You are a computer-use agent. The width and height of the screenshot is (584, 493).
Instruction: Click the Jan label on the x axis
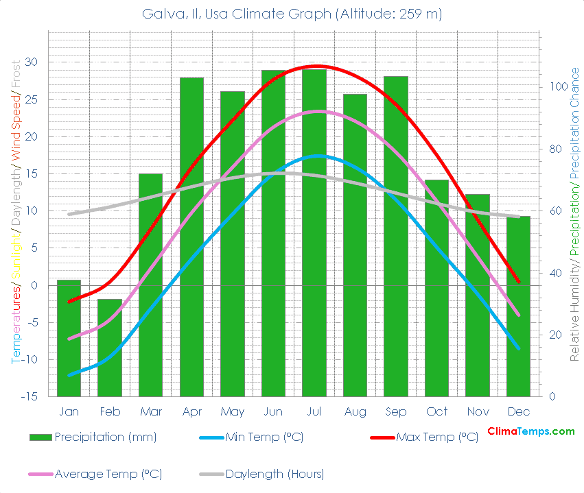tap(69, 411)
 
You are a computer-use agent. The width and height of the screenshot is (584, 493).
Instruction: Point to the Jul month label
tap(314, 411)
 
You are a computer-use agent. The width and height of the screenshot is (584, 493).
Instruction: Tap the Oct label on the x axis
tap(436, 411)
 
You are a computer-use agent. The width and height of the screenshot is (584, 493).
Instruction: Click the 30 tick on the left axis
tap(33, 62)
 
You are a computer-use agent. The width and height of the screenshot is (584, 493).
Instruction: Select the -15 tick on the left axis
tap(30, 397)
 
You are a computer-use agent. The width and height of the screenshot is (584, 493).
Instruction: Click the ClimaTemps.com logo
tap(530, 431)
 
